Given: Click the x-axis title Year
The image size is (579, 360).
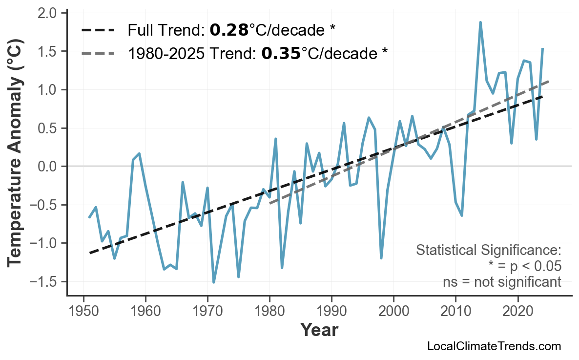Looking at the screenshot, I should tap(319, 330).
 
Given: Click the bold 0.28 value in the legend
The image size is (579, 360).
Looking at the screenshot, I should tap(229, 31).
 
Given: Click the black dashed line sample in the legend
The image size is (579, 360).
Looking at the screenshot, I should tap(98, 31).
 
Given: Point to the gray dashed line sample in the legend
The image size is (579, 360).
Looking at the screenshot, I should tap(98, 53).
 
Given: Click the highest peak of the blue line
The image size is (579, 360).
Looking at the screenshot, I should tap(480, 22).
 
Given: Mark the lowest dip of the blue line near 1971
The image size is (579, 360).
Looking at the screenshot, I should tap(214, 282).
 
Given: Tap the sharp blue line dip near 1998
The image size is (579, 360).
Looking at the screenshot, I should tap(381, 258).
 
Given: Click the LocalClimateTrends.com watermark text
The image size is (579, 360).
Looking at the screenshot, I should tap(494, 346).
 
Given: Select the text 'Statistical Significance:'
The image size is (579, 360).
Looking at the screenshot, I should tap(488, 251).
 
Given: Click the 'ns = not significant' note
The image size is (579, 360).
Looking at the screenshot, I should tap(501, 282).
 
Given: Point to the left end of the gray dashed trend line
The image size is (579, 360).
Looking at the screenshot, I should tap(270, 202).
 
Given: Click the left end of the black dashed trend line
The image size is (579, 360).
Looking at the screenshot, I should tap(90, 253).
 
